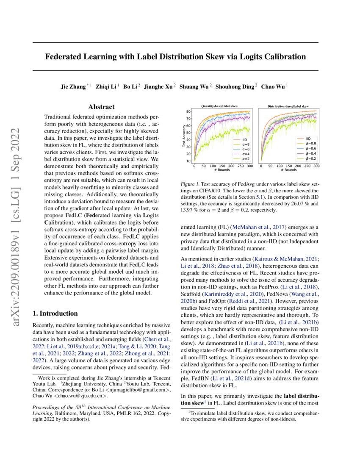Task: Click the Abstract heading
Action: point(102,108)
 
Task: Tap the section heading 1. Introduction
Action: point(55,313)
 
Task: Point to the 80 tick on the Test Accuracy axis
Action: point(188,111)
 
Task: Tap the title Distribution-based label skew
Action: point(288,106)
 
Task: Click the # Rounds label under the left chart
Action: point(222,170)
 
